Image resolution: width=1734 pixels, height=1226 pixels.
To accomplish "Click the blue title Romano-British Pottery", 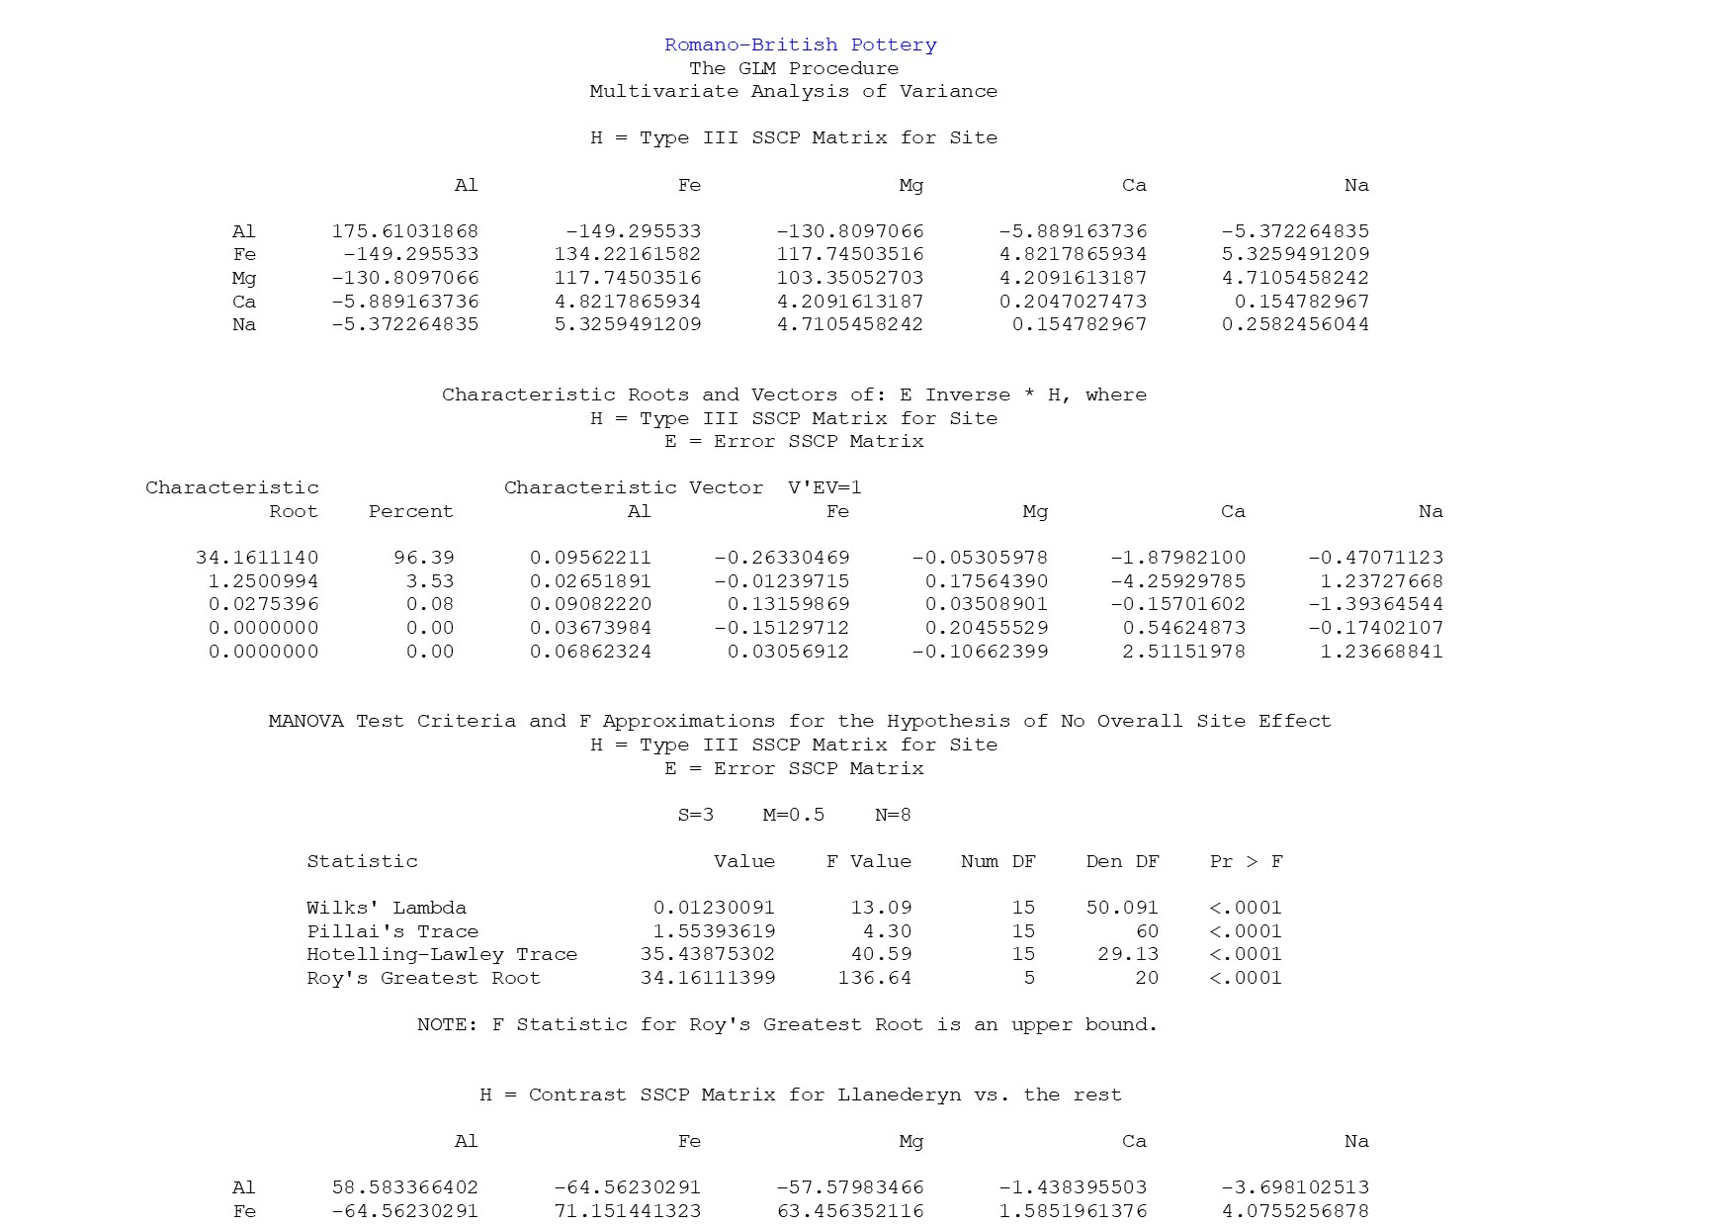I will (x=800, y=44).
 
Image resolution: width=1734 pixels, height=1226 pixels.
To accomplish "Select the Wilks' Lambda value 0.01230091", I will (x=714, y=908).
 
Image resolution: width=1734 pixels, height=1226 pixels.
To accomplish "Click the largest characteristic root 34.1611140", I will (x=257, y=558).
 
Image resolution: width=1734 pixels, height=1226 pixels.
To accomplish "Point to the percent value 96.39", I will (x=424, y=558).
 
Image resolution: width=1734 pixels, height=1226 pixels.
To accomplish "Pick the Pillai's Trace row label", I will (x=392, y=931).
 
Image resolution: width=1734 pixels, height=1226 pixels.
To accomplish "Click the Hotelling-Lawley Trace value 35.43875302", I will (x=708, y=954).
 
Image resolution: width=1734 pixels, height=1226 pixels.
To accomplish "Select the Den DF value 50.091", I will (x=1122, y=908).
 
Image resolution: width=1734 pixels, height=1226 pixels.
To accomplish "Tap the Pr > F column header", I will (x=1246, y=861).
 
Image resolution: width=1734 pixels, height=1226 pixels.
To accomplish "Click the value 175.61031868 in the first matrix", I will (x=404, y=231).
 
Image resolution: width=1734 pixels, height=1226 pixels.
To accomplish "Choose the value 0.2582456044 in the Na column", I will (x=1295, y=324).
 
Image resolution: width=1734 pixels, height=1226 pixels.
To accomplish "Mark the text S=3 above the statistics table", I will (x=696, y=815).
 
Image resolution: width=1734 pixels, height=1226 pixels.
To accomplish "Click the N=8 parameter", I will (x=893, y=815).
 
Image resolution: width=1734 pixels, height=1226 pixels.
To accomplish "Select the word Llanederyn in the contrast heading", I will (x=899, y=1095).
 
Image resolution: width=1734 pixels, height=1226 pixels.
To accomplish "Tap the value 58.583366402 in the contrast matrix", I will (x=404, y=1187).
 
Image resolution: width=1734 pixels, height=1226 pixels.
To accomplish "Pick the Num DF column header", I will (x=998, y=861).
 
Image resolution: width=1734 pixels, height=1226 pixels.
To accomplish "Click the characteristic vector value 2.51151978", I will (x=1183, y=652).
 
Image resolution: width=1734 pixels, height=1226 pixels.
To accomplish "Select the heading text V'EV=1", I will (x=824, y=487).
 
